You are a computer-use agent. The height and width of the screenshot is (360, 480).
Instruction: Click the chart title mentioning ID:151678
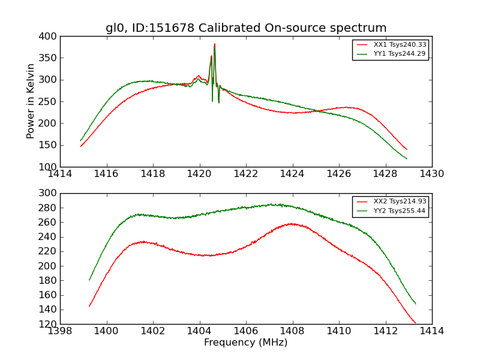(246, 28)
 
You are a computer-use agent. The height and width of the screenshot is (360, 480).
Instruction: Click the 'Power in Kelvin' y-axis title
(31, 101)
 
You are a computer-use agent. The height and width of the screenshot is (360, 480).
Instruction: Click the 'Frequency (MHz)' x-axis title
(246, 343)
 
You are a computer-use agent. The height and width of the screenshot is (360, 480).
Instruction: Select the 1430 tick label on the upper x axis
(431, 174)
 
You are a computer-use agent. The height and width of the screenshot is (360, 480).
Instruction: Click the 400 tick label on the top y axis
(50, 37)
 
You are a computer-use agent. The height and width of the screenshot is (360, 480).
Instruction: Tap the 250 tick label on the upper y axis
(50, 101)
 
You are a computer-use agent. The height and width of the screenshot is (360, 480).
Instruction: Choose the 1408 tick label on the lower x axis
(292, 331)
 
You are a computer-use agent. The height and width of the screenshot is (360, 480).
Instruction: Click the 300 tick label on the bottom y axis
(50, 193)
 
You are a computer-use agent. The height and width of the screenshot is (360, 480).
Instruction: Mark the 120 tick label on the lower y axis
(50, 324)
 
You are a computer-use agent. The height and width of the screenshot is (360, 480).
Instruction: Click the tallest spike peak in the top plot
(214, 44)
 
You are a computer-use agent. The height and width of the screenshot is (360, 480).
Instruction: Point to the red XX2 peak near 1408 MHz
(292, 224)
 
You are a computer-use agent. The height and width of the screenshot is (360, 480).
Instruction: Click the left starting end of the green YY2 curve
(89, 280)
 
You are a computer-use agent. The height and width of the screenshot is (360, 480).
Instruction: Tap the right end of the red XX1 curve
(406, 149)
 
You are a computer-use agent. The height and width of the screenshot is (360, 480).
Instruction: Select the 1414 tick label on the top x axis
(60, 174)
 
